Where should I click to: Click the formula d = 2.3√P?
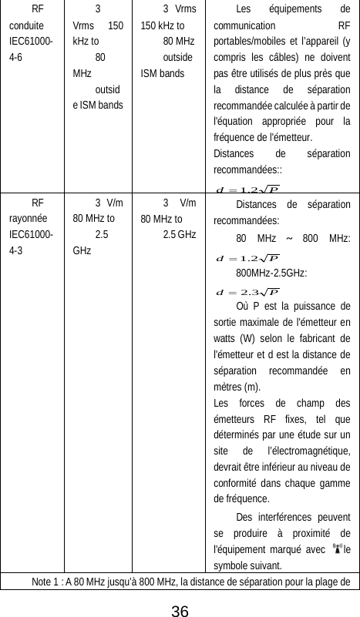[x=247, y=292]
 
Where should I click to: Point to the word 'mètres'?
[x=228, y=387]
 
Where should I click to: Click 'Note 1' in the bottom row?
[x=48, y=580]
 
